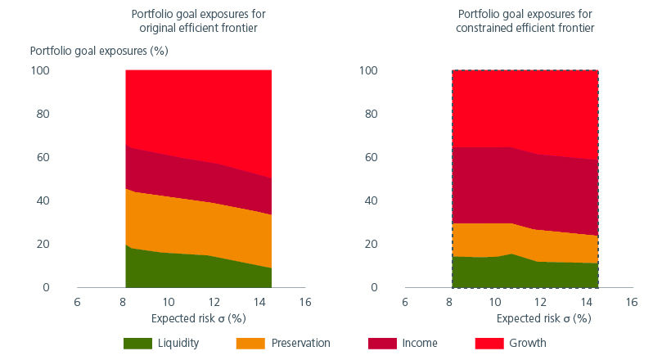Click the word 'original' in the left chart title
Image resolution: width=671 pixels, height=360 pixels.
[154, 29]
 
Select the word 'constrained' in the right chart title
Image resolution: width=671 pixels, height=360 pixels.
[490, 29]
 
